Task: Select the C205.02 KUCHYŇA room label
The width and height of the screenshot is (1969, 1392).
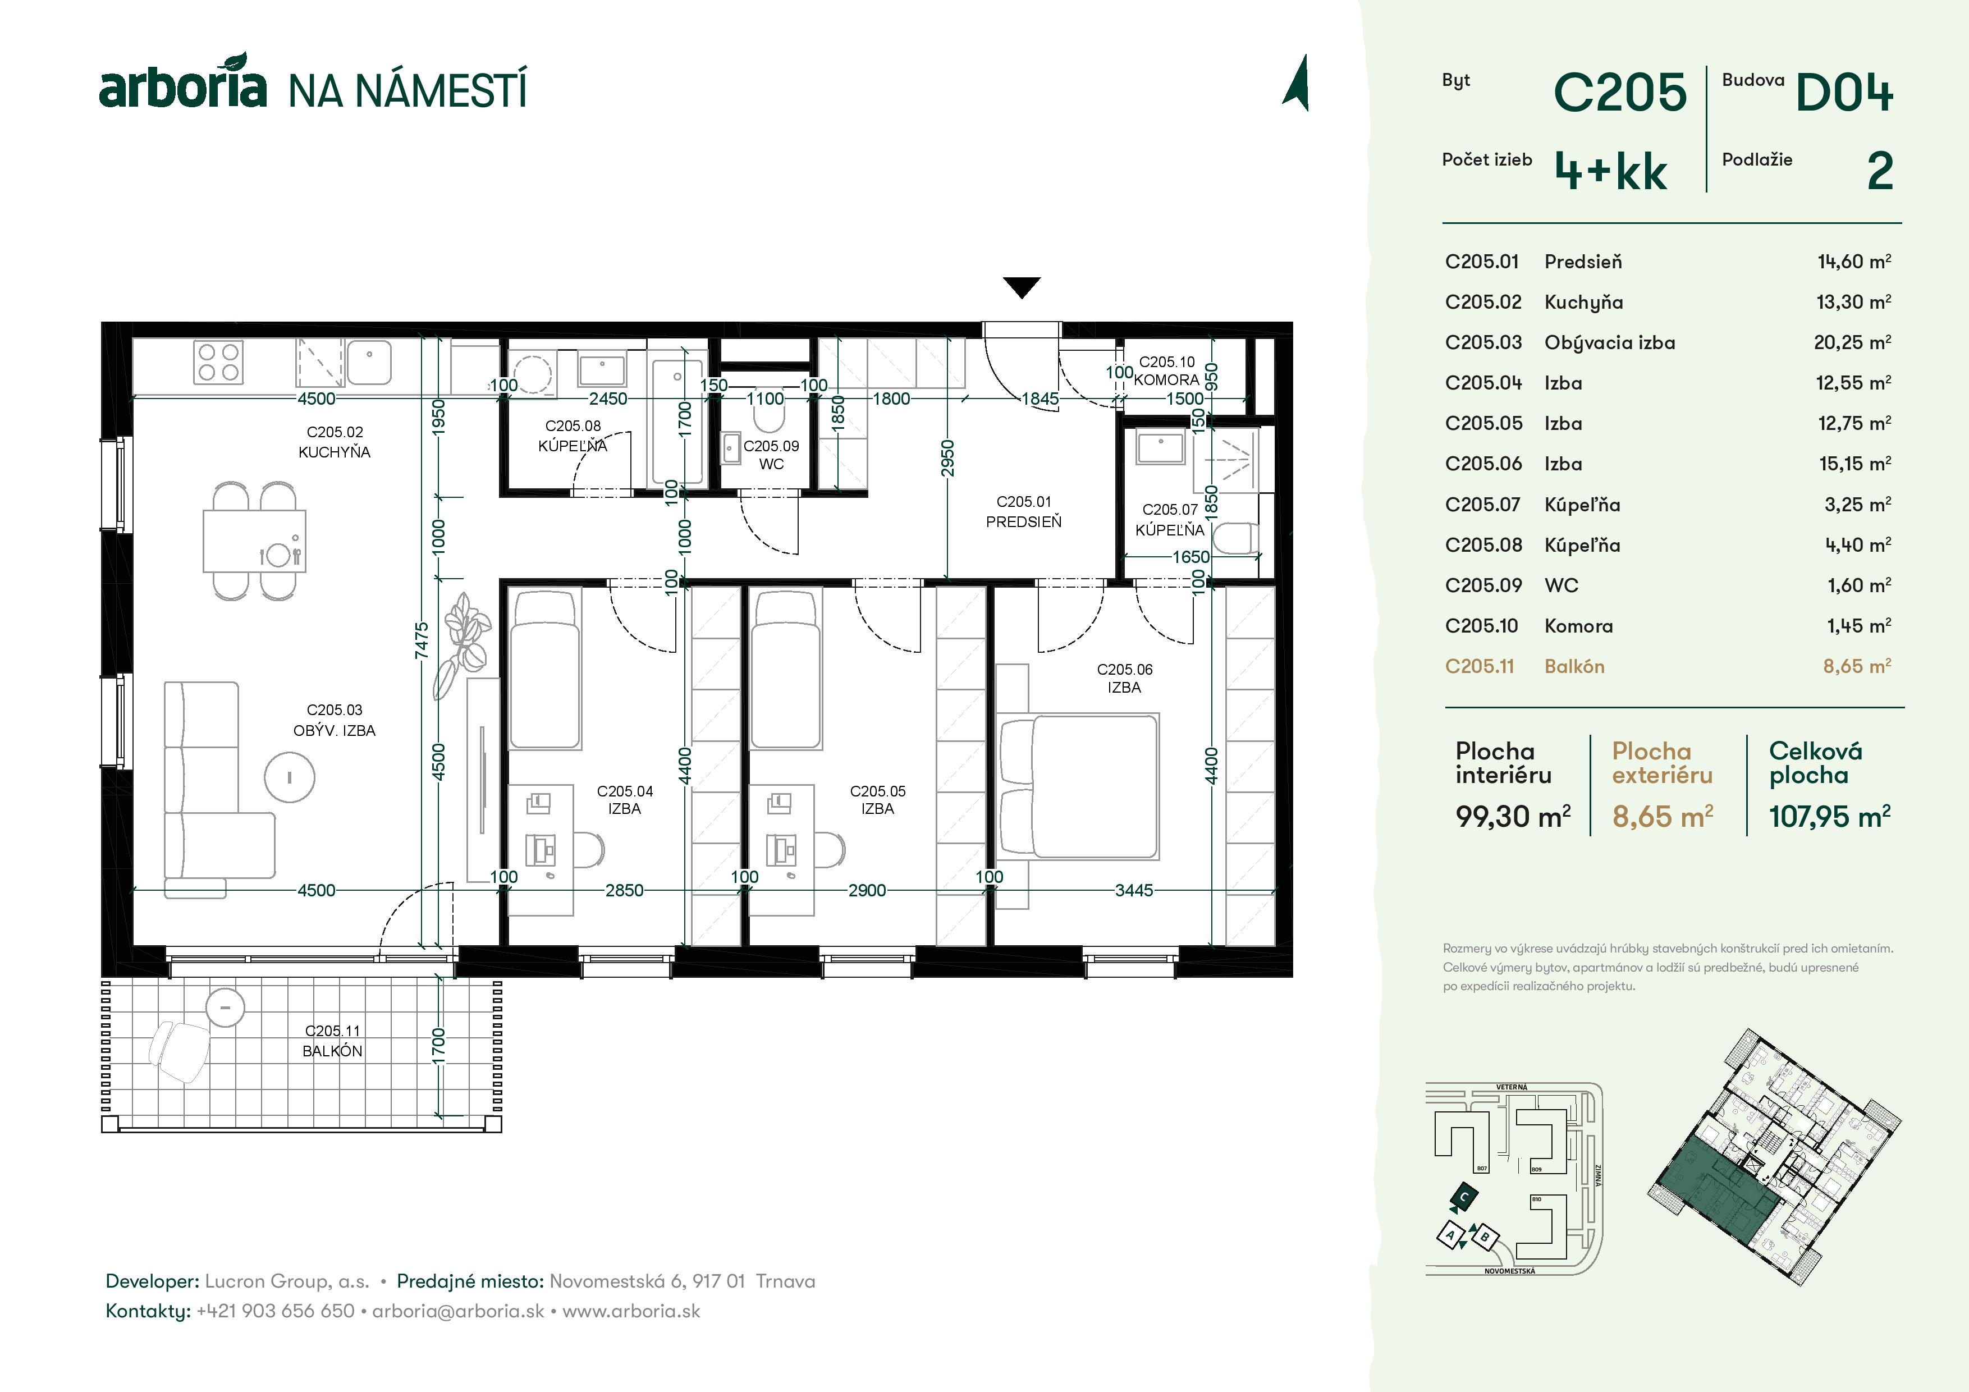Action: [335, 442]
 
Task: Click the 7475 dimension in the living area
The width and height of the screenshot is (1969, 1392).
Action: [421, 640]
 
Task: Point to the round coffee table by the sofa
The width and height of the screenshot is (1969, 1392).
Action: [289, 778]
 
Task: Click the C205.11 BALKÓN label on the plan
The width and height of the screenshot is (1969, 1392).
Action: [333, 1041]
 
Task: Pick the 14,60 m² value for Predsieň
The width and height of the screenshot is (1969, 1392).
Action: [1853, 262]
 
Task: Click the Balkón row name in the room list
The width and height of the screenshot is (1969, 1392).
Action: [1574, 666]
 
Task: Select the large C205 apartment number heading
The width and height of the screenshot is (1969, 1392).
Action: [1619, 93]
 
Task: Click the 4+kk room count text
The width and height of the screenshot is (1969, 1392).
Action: [1610, 172]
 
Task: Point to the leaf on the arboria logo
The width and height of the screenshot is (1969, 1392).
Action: [232, 63]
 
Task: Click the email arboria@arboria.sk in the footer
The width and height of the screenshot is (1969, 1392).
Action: [458, 1311]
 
